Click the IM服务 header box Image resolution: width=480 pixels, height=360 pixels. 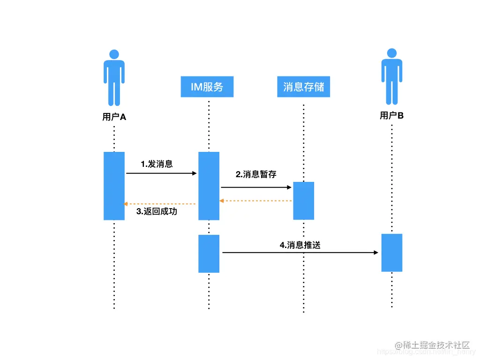coord(207,87)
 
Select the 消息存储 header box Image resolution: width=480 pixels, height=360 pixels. coord(303,87)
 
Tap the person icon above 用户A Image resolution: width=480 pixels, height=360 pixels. coord(114,77)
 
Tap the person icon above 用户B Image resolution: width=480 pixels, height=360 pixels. coord(391,76)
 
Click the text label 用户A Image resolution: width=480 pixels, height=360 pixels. coord(114,117)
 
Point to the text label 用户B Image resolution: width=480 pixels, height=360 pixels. coord(391,115)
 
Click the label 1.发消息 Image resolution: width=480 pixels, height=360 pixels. coord(157,164)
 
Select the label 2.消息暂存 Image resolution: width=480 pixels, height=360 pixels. coord(256,174)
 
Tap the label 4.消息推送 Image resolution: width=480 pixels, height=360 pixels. coord(300,245)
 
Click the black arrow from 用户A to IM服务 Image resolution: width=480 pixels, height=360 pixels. coord(161,173)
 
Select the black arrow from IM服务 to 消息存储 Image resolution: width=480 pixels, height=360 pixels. coord(256,187)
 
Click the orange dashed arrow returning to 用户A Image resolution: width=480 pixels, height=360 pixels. coord(160,204)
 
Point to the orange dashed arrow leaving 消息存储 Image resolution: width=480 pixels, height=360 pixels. coord(256,201)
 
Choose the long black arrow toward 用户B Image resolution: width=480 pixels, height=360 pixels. coord(300,253)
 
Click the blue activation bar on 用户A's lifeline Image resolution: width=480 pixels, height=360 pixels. coord(114,186)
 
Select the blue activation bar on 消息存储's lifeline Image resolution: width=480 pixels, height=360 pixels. coord(303,201)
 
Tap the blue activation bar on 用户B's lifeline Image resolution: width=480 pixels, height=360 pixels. coord(391,253)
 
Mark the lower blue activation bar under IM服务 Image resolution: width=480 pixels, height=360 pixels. coord(209,254)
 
